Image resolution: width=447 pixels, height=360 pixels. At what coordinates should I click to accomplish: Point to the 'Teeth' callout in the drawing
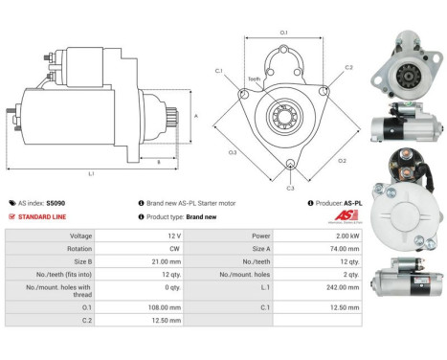(254, 79)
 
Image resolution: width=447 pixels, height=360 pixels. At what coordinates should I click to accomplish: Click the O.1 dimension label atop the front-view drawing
(284, 34)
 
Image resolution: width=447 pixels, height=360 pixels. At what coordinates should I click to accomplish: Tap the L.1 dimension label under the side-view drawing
(91, 173)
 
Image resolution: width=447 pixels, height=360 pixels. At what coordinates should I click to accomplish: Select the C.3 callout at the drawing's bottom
(290, 188)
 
